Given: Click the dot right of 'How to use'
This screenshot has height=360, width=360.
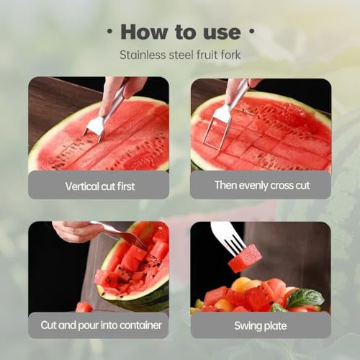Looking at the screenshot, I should [251, 33].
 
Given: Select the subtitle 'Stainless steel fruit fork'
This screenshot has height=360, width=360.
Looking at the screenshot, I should [179, 55].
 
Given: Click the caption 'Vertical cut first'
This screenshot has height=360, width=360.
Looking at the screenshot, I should [99, 186].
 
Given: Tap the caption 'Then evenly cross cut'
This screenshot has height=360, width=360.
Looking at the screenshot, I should [261, 185].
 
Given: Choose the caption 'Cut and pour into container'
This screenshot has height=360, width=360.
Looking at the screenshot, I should [99, 325].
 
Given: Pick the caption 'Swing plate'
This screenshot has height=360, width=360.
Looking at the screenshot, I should [261, 325].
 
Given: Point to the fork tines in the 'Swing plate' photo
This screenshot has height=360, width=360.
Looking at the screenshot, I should [229, 238].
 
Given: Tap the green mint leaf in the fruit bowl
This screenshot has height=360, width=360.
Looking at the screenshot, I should [305, 297].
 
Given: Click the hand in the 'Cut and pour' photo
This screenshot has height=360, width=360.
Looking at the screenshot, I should [76, 231].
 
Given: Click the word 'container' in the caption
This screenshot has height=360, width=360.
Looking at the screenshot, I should [140, 325].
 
